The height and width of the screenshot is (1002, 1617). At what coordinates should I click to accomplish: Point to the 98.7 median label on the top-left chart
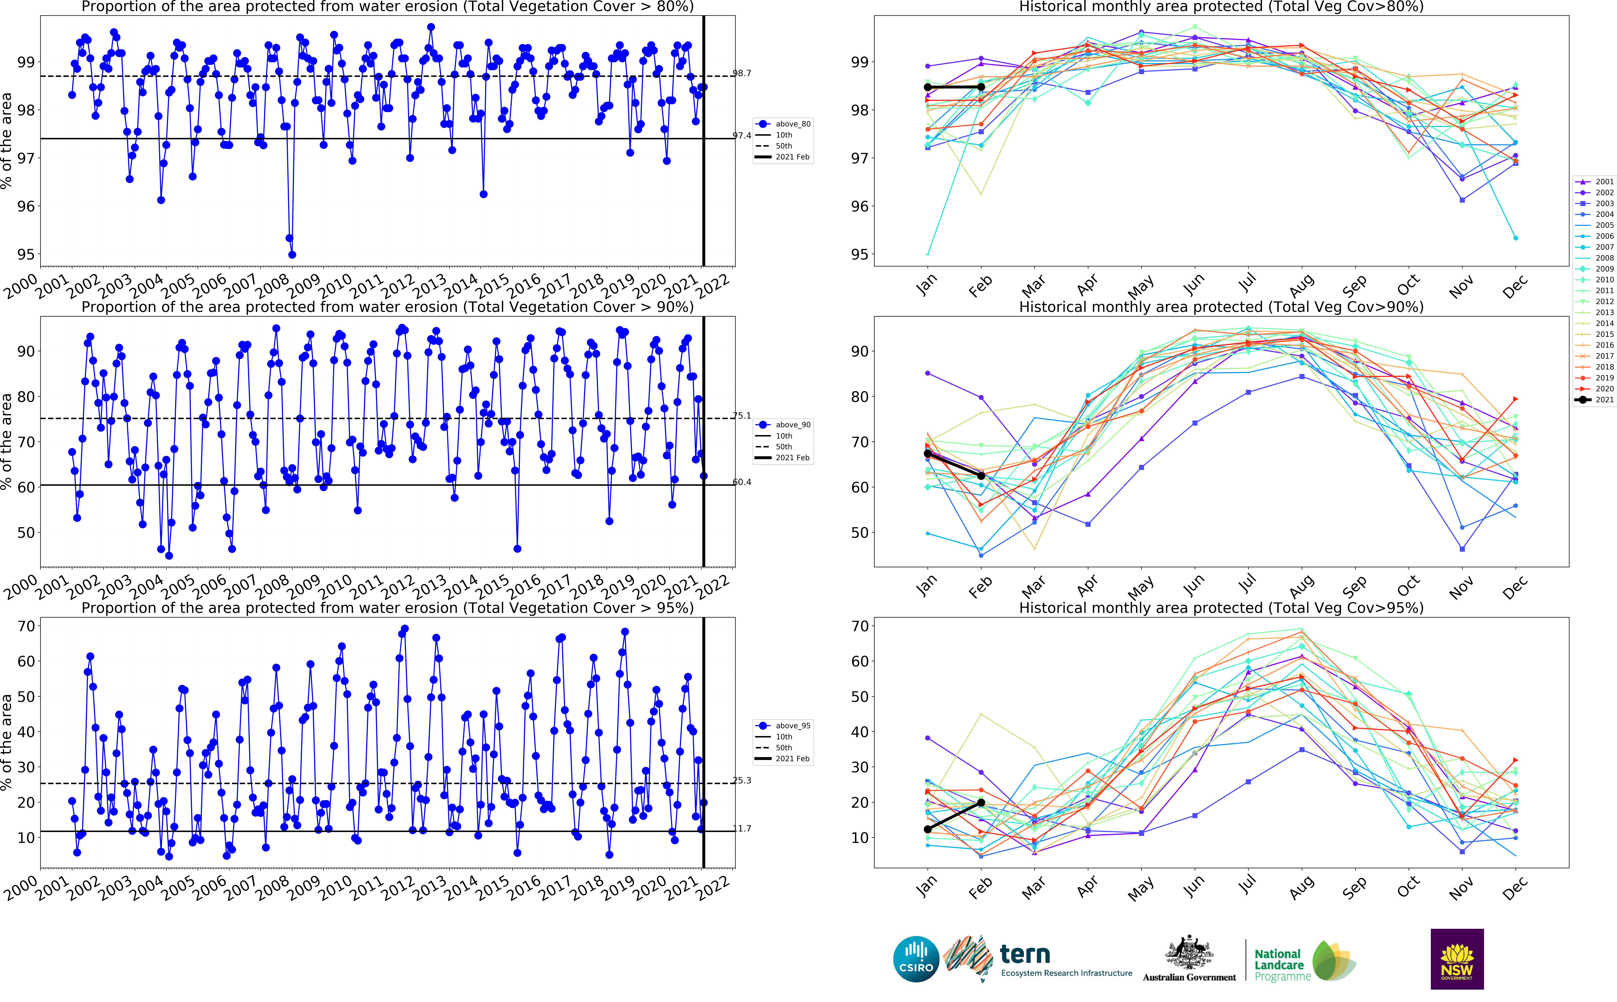click(x=742, y=73)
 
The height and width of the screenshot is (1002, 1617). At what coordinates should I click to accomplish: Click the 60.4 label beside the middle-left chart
click(x=742, y=482)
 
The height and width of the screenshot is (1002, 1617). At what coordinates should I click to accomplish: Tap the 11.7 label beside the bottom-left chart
click(x=742, y=828)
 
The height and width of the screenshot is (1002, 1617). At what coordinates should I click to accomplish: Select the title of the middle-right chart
click(x=1221, y=307)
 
